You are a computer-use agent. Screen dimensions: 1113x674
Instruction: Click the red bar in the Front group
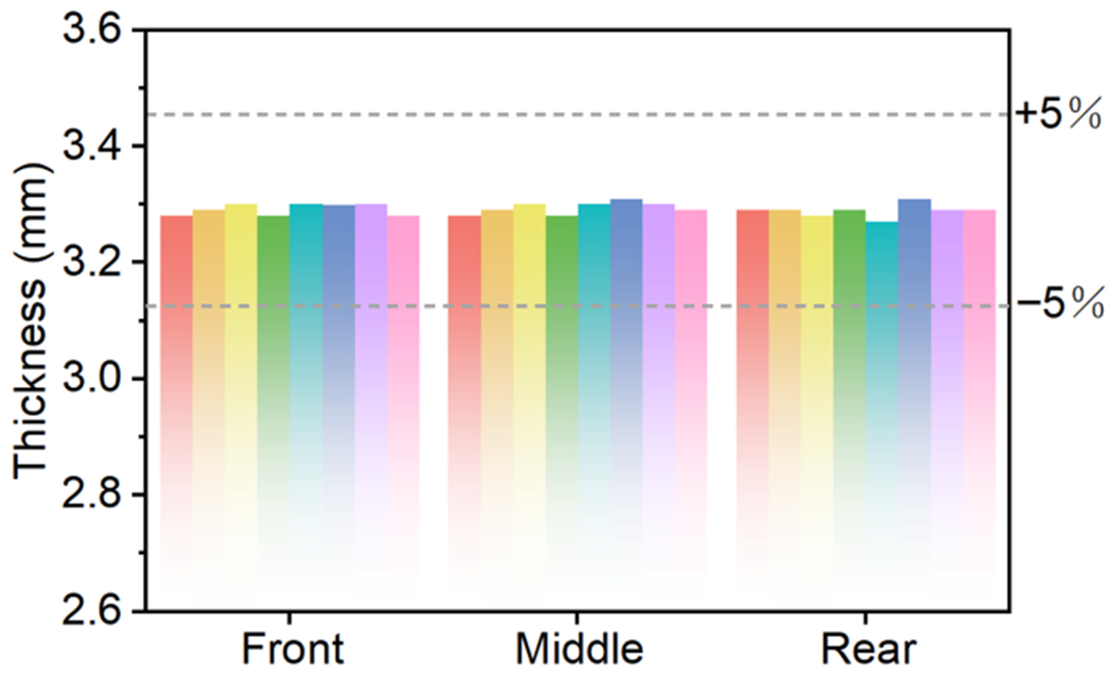click(x=176, y=404)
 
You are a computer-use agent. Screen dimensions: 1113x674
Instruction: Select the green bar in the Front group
click(x=274, y=404)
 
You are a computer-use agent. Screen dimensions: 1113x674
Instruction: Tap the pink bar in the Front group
click(x=403, y=404)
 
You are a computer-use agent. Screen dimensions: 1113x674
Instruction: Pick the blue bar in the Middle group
click(x=627, y=396)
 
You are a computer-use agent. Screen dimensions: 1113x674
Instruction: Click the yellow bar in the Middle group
click(x=529, y=398)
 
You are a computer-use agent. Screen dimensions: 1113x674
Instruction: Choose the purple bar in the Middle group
click(x=659, y=398)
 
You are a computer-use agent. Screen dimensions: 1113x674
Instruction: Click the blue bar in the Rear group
click(x=915, y=396)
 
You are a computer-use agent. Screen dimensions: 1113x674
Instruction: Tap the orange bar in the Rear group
click(x=785, y=401)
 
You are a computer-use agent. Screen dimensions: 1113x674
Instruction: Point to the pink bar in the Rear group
click(x=979, y=401)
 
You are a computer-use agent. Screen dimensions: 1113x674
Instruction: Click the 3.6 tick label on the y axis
click(x=92, y=30)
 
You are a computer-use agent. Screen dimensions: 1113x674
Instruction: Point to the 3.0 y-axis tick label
click(x=92, y=379)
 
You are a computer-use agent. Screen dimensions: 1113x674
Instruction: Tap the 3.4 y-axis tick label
click(x=92, y=146)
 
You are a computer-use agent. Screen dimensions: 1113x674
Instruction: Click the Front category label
click(x=293, y=649)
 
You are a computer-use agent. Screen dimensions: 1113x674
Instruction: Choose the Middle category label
click(x=579, y=649)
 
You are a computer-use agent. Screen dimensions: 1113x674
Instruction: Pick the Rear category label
click(x=868, y=649)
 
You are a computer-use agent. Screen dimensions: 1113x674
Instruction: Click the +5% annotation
click(x=1058, y=115)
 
